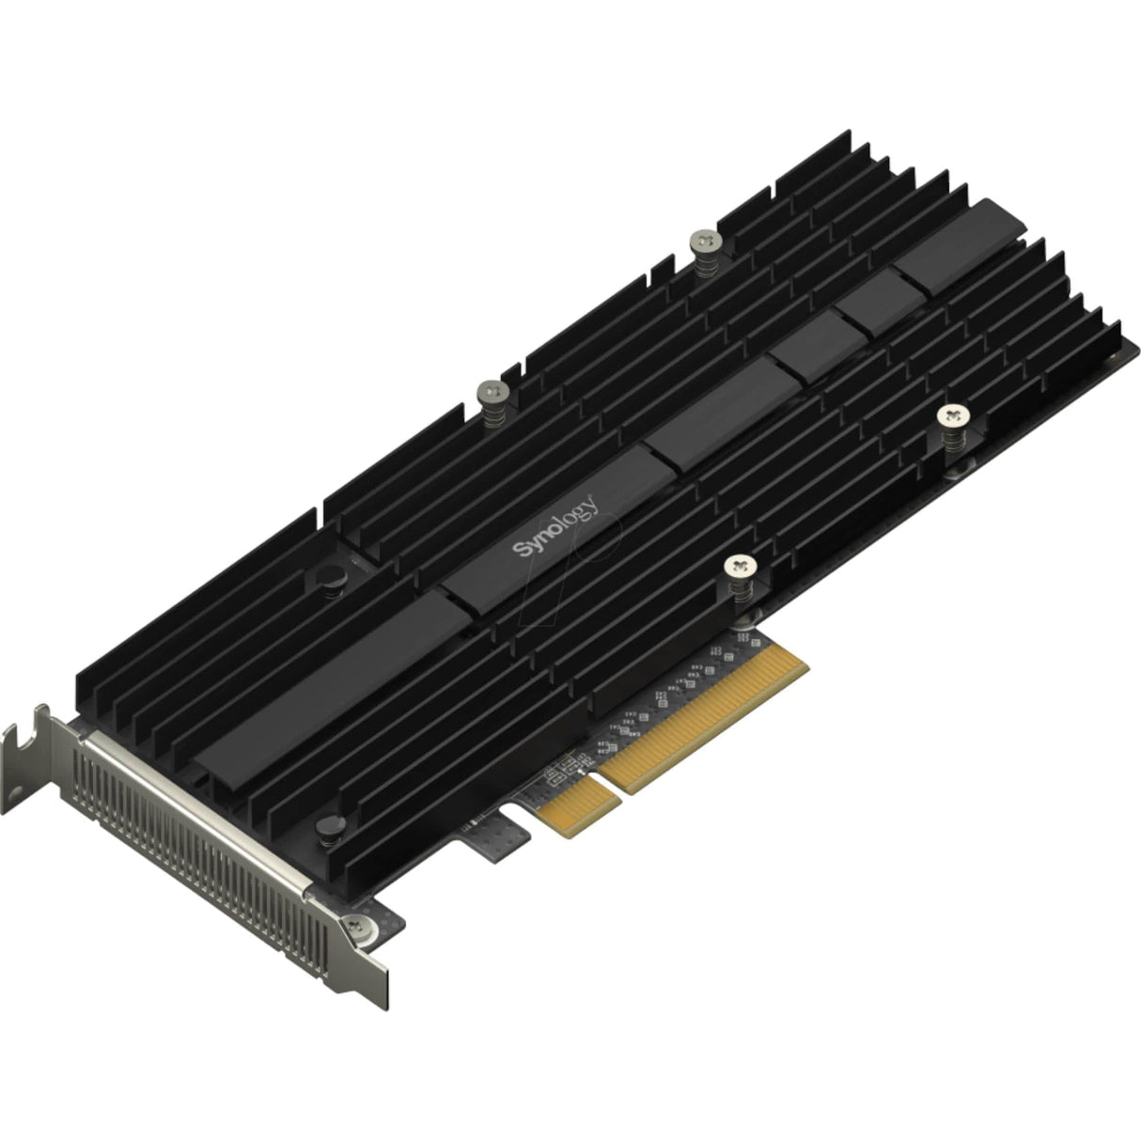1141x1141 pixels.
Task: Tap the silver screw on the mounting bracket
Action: coord(359,927)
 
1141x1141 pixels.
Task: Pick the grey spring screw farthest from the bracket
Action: coord(704,243)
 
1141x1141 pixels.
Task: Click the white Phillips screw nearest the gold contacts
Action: coord(742,567)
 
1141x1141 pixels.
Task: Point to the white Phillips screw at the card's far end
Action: coord(954,414)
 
